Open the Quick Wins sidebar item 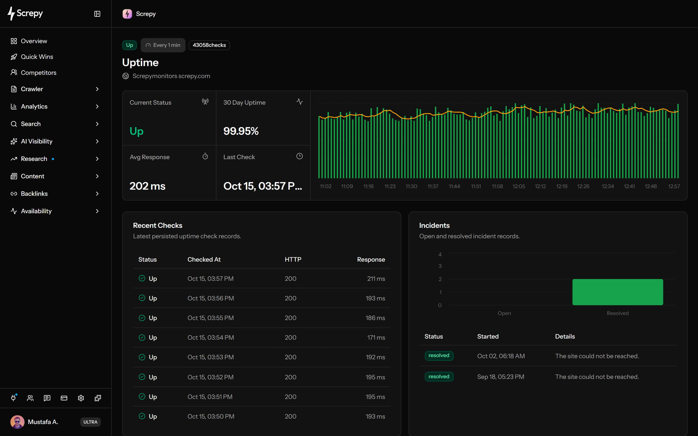(32, 57)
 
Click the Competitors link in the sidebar (33, 73)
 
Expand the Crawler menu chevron (97, 89)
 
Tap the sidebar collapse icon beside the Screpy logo (97, 14)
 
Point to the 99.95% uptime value (241, 131)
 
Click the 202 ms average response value (147, 186)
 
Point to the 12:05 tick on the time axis (519, 186)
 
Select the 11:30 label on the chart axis (411, 186)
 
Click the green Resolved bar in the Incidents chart (618, 292)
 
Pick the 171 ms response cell (376, 337)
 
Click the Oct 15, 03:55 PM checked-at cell (210, 318)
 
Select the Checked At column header (204, 259)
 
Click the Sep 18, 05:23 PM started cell (501, 377)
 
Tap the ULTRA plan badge (90, 422)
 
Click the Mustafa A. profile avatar (17, 422)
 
